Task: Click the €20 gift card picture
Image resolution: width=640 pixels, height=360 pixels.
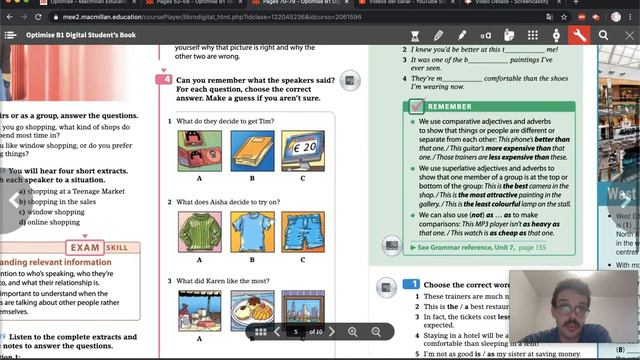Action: tap(303, 152)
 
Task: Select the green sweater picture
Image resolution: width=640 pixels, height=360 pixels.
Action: tap(199, 231)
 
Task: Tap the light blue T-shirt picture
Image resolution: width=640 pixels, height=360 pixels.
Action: tap(251, 231)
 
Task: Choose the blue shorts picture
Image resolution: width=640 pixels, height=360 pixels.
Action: tap(303, 231)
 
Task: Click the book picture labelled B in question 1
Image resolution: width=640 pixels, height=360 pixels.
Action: tap(251, 152)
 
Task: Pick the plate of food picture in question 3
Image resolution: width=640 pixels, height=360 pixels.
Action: tap(199, 308)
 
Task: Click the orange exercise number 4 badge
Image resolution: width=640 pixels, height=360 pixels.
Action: tap(166, 79)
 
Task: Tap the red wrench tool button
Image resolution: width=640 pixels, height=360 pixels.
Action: tap(579, 35)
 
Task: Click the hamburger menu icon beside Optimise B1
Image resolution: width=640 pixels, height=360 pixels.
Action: tap(10, 35)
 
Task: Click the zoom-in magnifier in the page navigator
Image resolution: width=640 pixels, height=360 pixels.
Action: tap(352, 331)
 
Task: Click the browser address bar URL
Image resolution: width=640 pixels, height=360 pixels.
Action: tap(180, 16)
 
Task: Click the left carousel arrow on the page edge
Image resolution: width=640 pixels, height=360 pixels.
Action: tap(12, 200)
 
